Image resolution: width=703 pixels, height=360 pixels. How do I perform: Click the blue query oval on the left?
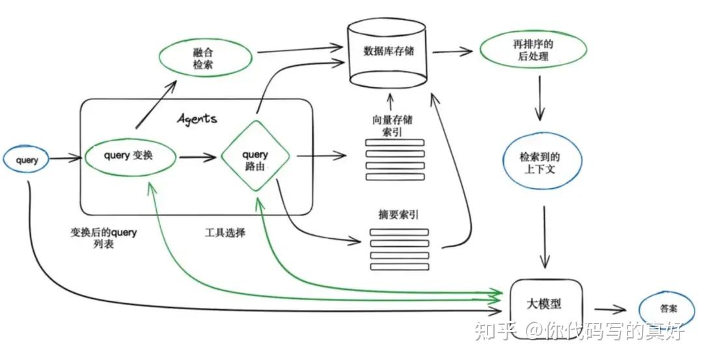tap(27, 160)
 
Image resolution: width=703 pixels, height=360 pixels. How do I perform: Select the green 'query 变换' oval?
tap(130, 156)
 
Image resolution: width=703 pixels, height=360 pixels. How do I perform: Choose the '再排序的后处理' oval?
tap(532, 50)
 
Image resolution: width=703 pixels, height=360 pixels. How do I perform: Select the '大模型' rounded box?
tap(544, 304)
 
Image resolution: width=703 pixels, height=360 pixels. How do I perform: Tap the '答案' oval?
tap(662, 311)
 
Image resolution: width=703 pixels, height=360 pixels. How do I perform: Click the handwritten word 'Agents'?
tap(197, 119)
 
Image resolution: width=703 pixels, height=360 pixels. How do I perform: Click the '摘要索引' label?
tap(393, 214)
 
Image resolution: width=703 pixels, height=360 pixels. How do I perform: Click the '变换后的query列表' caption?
tap(103, 238)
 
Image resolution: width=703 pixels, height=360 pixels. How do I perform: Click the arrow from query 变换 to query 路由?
tap(197, 157)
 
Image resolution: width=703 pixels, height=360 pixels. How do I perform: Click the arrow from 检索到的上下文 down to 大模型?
tap(544, 238)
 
